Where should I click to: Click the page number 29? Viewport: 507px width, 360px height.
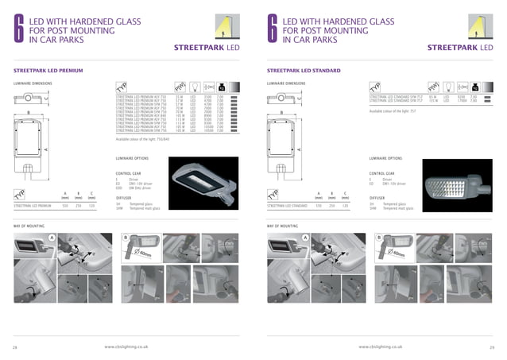(x=492, y=346)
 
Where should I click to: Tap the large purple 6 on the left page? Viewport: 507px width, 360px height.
(x=18, y=29)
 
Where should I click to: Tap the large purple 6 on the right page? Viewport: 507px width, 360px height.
(x=273, y=29)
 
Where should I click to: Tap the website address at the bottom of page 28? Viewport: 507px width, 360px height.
(x=130, y=346)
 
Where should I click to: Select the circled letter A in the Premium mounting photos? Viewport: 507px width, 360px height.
(x=52, y=238)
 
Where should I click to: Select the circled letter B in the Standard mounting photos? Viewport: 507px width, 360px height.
(x=379, y=238)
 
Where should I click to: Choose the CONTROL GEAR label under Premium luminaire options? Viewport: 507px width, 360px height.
(x=129, y=172)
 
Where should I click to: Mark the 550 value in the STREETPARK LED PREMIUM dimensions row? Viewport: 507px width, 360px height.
(x=64, y=205)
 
